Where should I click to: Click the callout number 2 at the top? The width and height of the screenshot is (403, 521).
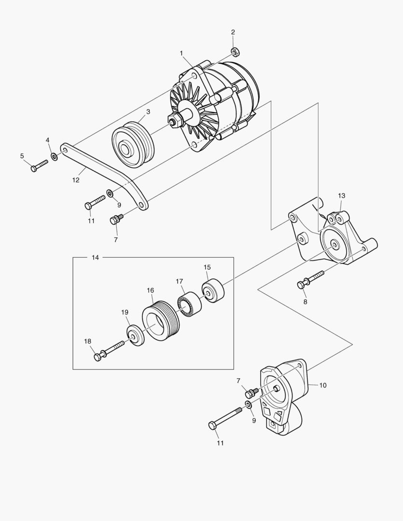pos(233,32)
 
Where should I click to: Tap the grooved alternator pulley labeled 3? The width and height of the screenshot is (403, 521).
pos(132,144)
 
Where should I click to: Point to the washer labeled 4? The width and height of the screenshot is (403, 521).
pos(54,157)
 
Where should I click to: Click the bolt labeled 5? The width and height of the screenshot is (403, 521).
pos(39,166)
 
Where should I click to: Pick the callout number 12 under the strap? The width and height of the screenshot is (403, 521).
pos(76,180)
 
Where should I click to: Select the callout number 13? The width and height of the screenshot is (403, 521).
pos(341,196)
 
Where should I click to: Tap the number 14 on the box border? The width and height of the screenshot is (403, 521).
pos(95,258)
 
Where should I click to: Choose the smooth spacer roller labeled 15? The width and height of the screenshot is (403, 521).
pos(213,291)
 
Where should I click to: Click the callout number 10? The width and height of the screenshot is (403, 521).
pos(323,385)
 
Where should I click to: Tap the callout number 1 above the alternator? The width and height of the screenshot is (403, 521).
pos(181,53)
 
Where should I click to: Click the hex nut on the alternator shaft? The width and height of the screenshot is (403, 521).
pos(174,120)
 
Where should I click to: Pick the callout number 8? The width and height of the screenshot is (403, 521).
pos(305,302)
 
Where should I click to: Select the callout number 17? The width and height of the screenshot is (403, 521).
pos(179,281)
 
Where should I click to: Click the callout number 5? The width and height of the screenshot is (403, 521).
pos(22,155)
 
